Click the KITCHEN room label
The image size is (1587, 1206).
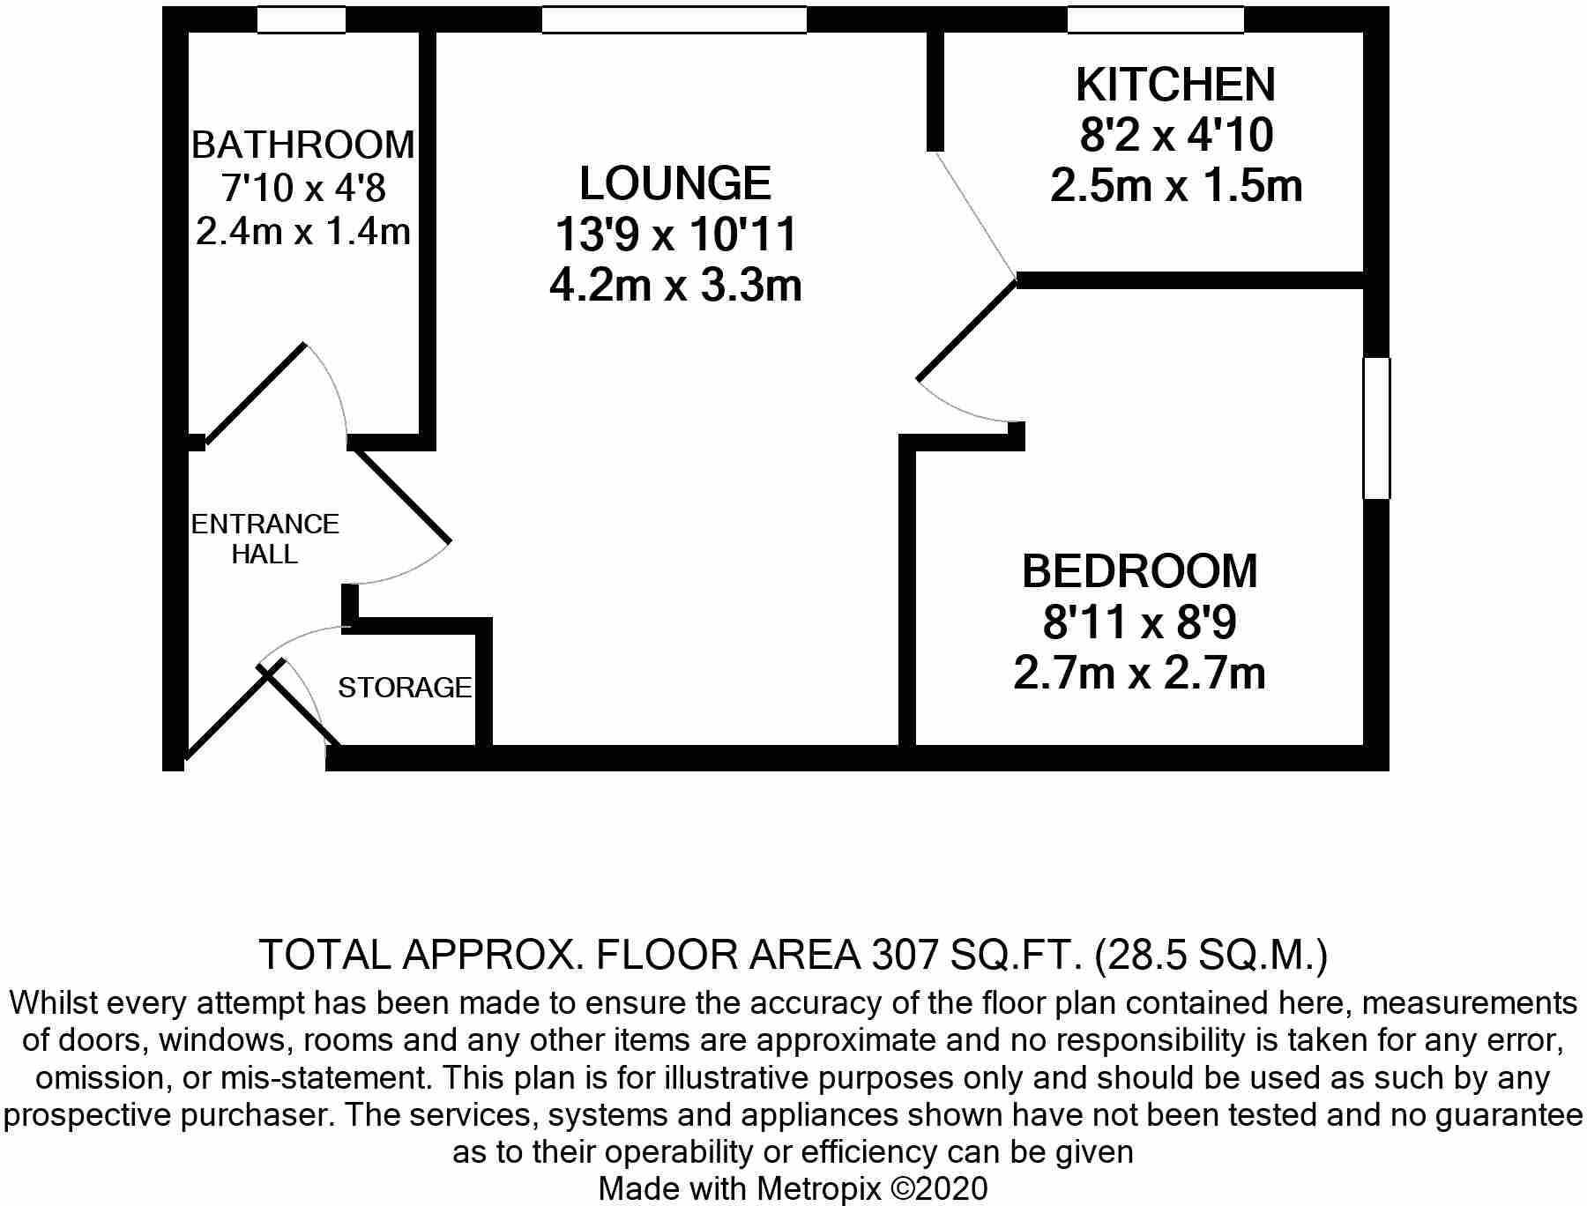(x=1175, y=86)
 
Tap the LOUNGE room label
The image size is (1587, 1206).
(x=675, y=183)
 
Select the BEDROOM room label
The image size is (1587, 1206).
(x=1139, y=571)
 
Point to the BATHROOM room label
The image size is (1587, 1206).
(x=302, y=145)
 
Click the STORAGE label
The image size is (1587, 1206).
(x=405, y=688)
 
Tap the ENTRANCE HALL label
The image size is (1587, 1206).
(x=264, y=539)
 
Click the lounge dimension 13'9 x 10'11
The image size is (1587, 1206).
(x=675, y=235)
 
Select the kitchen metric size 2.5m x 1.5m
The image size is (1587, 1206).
(x=1175, y=187)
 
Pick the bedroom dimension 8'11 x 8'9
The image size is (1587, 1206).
(x=1139, y=622)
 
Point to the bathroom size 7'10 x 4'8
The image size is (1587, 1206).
(x=302, y=189)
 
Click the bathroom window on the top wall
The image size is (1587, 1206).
(x=302, y=19)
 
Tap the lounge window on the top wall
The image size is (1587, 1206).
(x=674, y=19)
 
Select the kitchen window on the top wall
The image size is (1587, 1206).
(x=1155, y=19)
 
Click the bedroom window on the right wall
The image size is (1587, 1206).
(x=1376, y=428)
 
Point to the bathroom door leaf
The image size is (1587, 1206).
(x=256, y=392)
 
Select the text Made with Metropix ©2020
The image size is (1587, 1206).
(x=793, y=1188)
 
